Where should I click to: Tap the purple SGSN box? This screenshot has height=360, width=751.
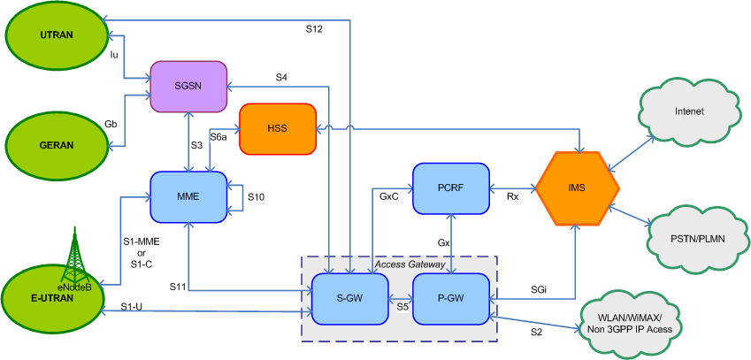(x=188, y=86)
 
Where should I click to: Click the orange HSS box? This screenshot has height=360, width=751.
(x=278, y=128)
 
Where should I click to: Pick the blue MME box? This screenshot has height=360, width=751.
(x=188, y=196)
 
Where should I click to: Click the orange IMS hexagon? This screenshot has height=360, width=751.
(x=576, y=188)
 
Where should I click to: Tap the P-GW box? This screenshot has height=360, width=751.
(x=451, y=298)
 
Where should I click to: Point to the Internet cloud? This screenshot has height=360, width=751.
(x=689, y=112)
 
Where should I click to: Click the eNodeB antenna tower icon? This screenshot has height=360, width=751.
(x=76, y=256)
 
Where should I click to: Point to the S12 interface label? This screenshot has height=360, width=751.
(x=314, y=29)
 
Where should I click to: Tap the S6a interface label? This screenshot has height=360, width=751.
(x=218, y=137)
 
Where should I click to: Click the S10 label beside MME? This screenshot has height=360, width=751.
(x=257, y=196)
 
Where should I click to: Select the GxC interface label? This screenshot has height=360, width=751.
(x=389, y=197)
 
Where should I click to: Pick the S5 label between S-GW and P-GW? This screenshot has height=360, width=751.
(x=402, y=307)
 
